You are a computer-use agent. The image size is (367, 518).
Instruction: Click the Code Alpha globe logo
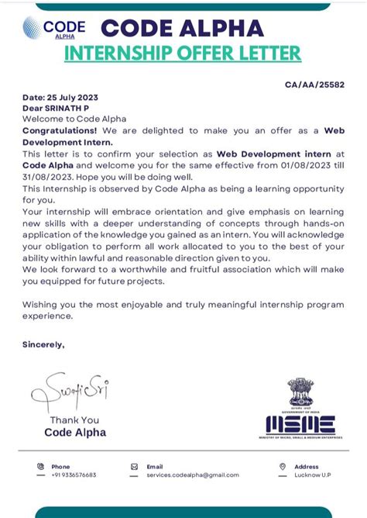[32, 29]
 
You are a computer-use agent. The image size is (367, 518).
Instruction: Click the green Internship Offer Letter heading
[182, 54]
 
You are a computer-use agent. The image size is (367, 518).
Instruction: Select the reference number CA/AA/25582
[315, 84]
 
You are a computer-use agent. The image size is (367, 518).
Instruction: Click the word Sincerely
[43, 344]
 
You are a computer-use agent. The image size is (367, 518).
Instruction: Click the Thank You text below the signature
[74, 420]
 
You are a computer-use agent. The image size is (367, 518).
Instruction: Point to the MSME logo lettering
[300, 424]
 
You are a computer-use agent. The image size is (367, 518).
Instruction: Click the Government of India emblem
[300, 394]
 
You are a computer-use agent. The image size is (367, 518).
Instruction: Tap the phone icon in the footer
[40, 467]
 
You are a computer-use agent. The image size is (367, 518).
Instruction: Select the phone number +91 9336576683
[74, 475]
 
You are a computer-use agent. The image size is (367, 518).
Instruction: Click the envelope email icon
[134, 467]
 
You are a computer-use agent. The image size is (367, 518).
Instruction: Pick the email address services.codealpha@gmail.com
[193, 475]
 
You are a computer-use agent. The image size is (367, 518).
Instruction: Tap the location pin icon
[283, 467]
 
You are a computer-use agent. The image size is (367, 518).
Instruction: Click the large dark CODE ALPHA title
[182, 28]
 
